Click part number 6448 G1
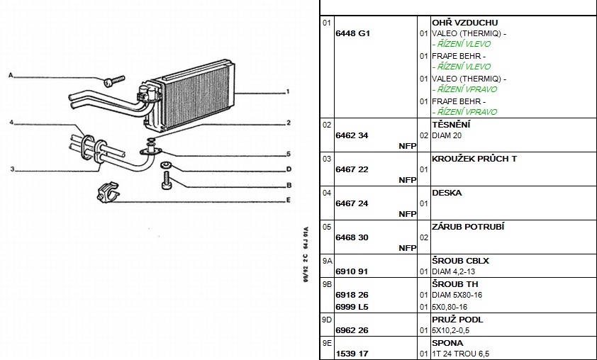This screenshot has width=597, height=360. (352, 33)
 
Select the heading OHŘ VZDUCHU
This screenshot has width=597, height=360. (464, 23)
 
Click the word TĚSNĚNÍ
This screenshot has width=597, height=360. (452, 125)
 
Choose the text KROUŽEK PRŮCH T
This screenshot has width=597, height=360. (474, 159)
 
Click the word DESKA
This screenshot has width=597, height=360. (447, 193)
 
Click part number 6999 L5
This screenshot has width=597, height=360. (352, 306)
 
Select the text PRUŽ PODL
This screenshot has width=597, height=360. (457, 320)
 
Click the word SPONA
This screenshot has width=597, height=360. (447, 343)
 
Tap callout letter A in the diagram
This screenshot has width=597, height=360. (11, 74)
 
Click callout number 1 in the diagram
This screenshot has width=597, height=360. (289, 91)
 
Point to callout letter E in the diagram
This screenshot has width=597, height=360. (289, 201)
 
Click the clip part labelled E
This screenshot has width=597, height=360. (104, 192)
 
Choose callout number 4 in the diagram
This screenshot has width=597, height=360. (11, 123)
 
